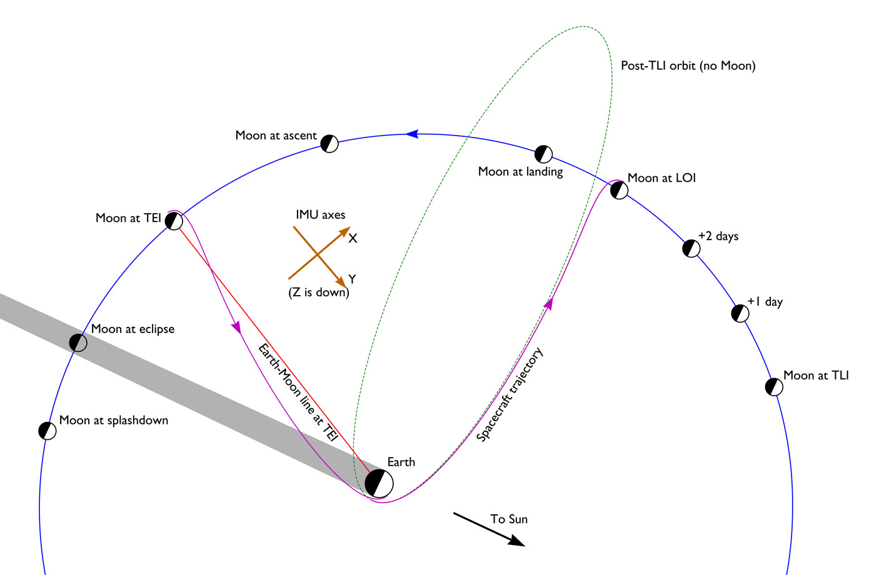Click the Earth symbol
click(x=379, y=483)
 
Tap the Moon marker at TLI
click(x=774, y=387)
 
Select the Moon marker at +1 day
click(x=740, y=313)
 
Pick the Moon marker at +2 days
click(x=691, y=248)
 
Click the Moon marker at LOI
click(x=619, y=190)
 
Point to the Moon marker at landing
click(x=544, y=154)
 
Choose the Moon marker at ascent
click(x=329, y=144)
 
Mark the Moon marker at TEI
click(x=174, y=221)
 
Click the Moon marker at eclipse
click(x=78, y=342)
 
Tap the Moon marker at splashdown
click(x=48, y=431)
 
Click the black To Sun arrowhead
click(x=517, y=541)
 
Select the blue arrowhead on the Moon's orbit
click(x=411, y=133)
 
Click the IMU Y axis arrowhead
click(x=341, y=282)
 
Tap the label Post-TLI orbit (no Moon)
click(x=688, y=66)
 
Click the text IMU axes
click(x=320, y=215)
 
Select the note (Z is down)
click(x=319, y=292)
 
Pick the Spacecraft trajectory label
click(x=510, y=394)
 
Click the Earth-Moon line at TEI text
click(x=298, y=392)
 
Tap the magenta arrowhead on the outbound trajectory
click(x=549, y=304)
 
